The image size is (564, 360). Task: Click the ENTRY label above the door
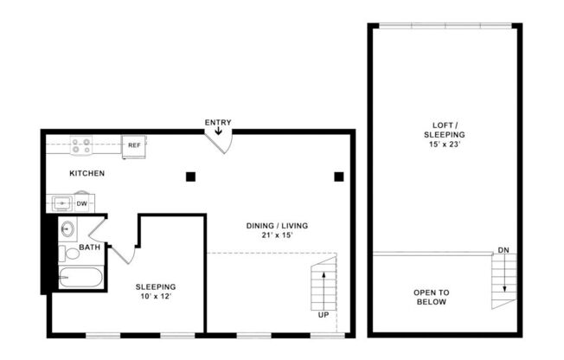point(217,122)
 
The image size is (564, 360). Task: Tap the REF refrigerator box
point(134,146)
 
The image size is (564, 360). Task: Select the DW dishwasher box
point(82,204)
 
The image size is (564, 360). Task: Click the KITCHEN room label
point(87,174)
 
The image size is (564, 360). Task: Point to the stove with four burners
point(81,146)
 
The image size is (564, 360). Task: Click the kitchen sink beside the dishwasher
point(61,204)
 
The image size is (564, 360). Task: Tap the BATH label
point(90,247)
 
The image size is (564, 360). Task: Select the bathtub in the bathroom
point(80,279)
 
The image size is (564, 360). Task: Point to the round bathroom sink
point(68,231)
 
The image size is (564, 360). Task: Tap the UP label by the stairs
point(323,315)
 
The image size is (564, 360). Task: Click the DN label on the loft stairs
point(503,251)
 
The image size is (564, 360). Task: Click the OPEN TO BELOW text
point(429,297)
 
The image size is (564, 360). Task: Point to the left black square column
point(190,177)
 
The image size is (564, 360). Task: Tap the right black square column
point(338,177)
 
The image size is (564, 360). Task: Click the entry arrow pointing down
point(218,132)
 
